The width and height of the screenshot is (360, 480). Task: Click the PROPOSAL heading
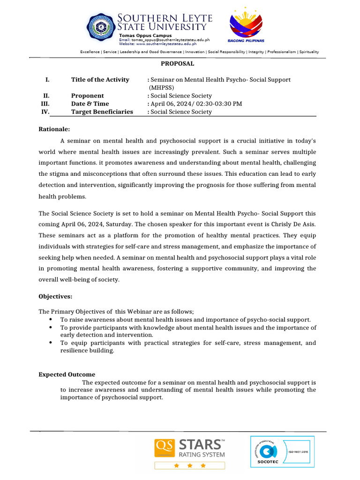[x=178, y=64]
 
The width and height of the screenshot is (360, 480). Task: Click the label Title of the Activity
[x=100, y=80]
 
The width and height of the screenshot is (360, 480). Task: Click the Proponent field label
[x=87, y=96]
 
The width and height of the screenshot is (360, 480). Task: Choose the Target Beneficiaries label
[x=102, y=112]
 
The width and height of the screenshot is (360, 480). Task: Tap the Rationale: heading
[x=54, y=129]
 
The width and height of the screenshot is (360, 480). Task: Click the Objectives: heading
[x=55, y=296]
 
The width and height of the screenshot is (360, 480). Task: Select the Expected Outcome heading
[x=67, y=375]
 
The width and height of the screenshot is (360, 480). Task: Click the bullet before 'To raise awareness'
[x=50, y=319]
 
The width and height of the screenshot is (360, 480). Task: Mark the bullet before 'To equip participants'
[x=50, y=343]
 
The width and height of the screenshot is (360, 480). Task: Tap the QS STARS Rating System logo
[x=190, y=449]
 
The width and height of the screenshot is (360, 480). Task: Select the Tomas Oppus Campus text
[x=145, y=36]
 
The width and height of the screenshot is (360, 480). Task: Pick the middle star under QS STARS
[x=190, y=465]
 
